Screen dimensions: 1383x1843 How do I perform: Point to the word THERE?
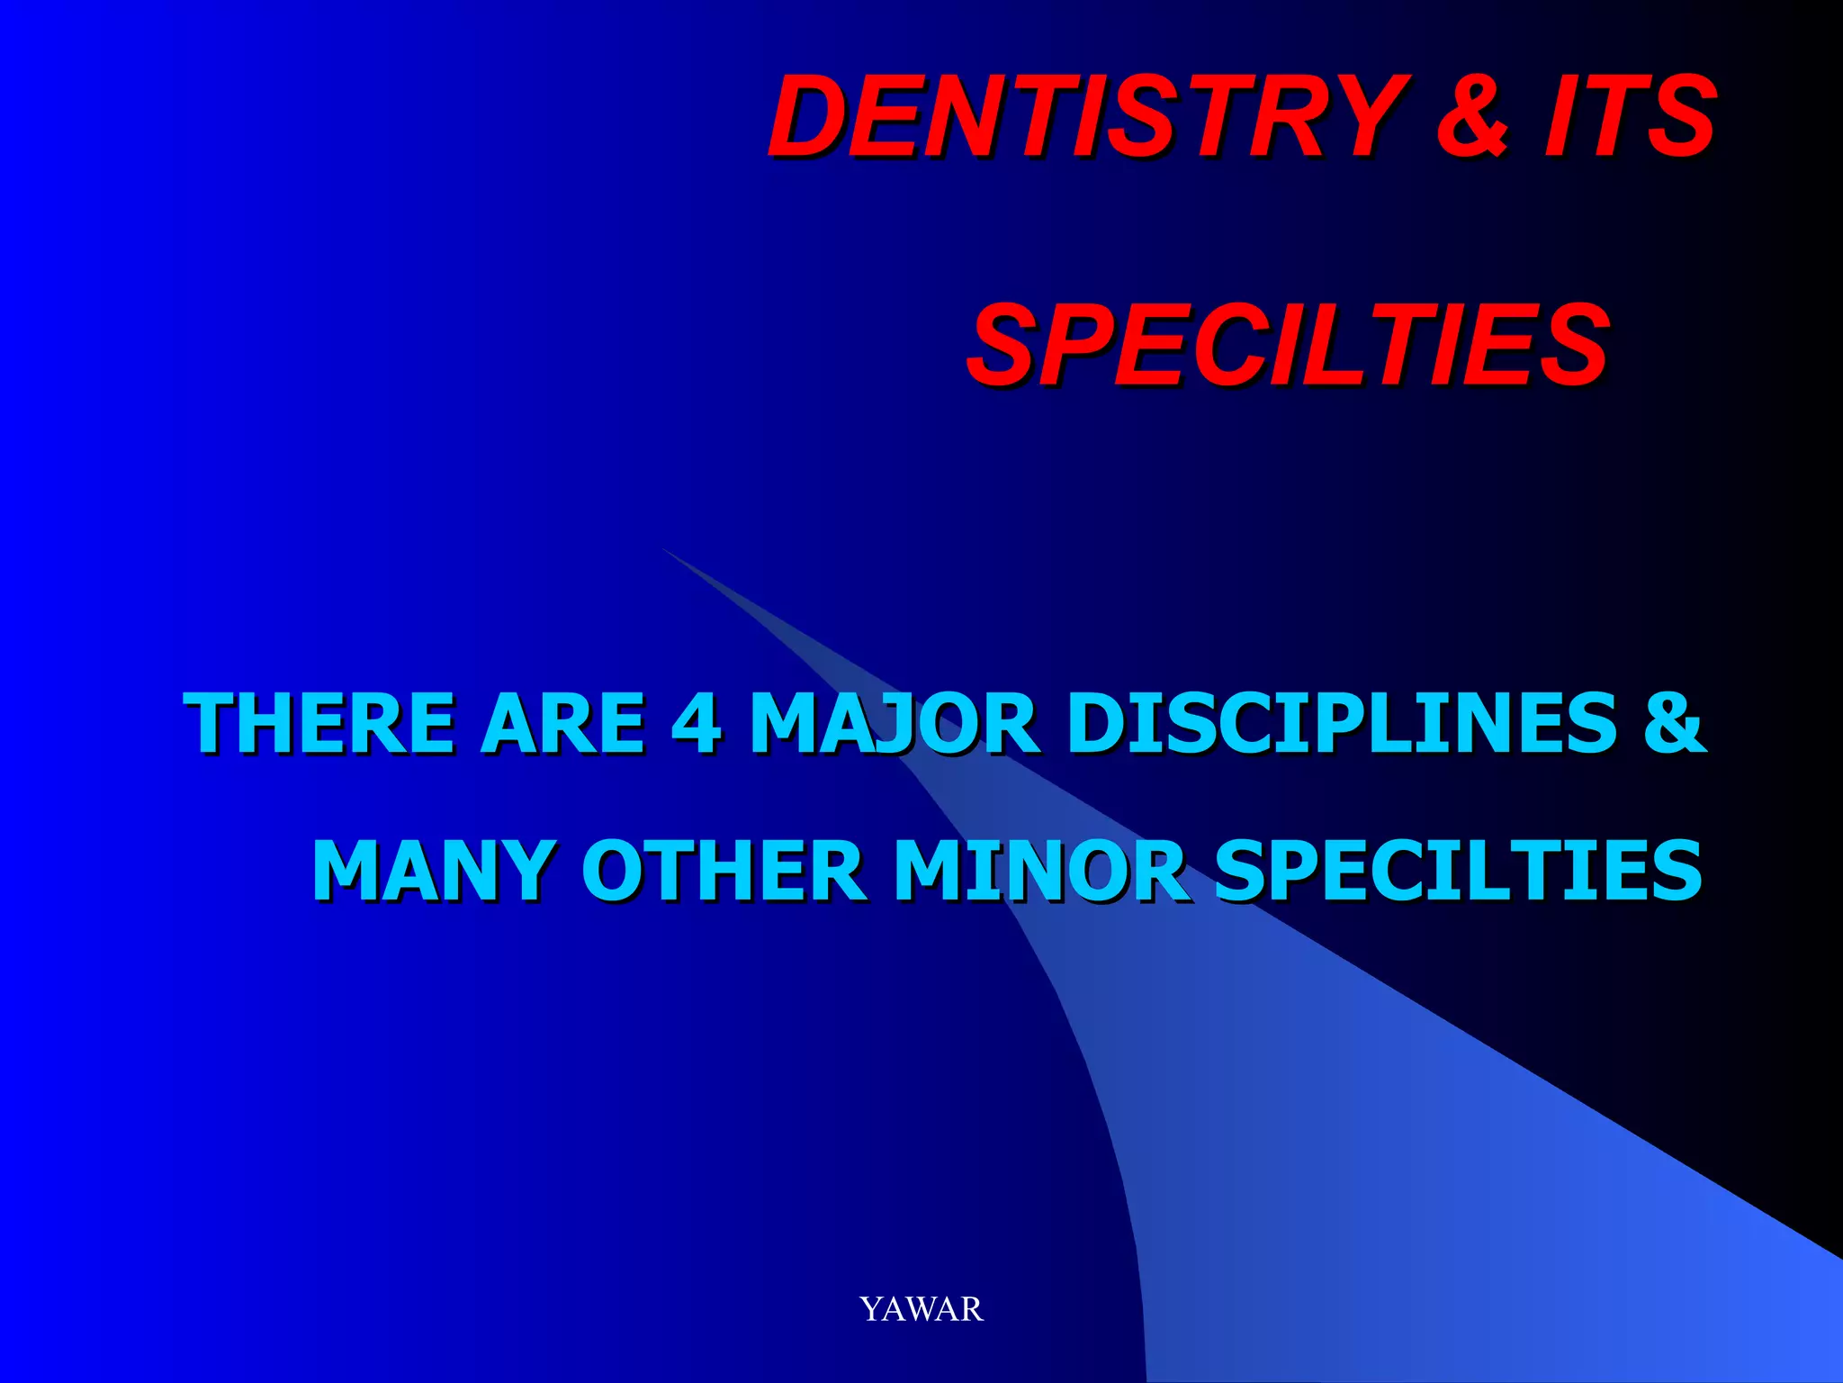(319, 723)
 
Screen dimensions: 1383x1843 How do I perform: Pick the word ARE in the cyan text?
(563, 723)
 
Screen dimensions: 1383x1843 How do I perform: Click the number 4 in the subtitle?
(696, 723)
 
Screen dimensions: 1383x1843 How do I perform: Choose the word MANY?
(432, 871)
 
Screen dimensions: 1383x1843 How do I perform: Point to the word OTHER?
(724, 871)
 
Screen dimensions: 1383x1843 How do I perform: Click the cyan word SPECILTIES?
(1458, 871)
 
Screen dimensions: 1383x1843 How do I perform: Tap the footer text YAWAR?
(921, 1308)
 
